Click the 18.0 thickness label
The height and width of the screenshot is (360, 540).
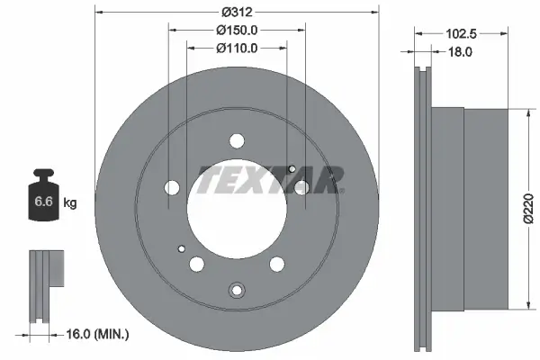(461, 53)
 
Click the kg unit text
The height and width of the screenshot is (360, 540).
(70, 203)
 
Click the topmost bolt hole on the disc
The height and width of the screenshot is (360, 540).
(237, 140)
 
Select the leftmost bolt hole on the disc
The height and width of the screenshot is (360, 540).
(173, 188)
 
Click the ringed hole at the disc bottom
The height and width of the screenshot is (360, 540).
(237, 290)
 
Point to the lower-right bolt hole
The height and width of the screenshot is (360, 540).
(277, 264)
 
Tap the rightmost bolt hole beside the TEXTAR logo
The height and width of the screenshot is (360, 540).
(301, 187)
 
